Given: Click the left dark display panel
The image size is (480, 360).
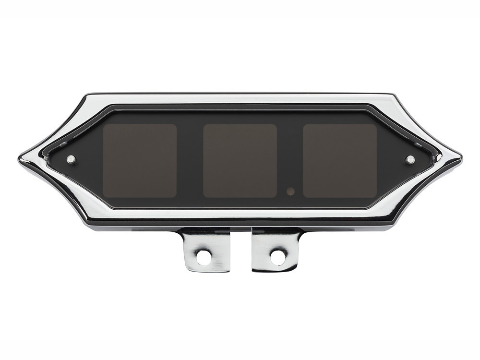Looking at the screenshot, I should tap(140, 161).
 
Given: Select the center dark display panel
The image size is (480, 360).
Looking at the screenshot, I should tap(240, 161).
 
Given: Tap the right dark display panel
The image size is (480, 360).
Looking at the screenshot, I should tap(340, 161).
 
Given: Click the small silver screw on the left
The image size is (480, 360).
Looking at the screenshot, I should tap(71, 159).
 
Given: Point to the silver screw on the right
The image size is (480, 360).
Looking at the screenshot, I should tap(409, 159).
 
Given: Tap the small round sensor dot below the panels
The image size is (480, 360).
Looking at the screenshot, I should tap(290, 191).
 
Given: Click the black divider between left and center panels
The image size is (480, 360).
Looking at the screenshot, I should tap(190, 161).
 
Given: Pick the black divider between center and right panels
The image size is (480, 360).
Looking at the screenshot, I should tap(290, 161).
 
